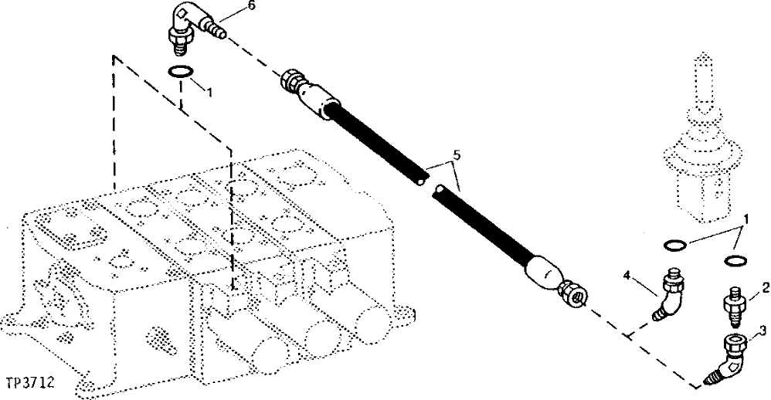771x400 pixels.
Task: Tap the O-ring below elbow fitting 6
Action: coord(181,72)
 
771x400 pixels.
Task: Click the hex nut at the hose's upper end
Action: coord(294,80)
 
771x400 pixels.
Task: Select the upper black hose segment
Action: coord(375,141)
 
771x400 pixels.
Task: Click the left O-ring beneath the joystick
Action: coord(675,246)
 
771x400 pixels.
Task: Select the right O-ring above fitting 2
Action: coord(736,260)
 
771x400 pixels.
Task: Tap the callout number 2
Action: coord(765,290)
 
